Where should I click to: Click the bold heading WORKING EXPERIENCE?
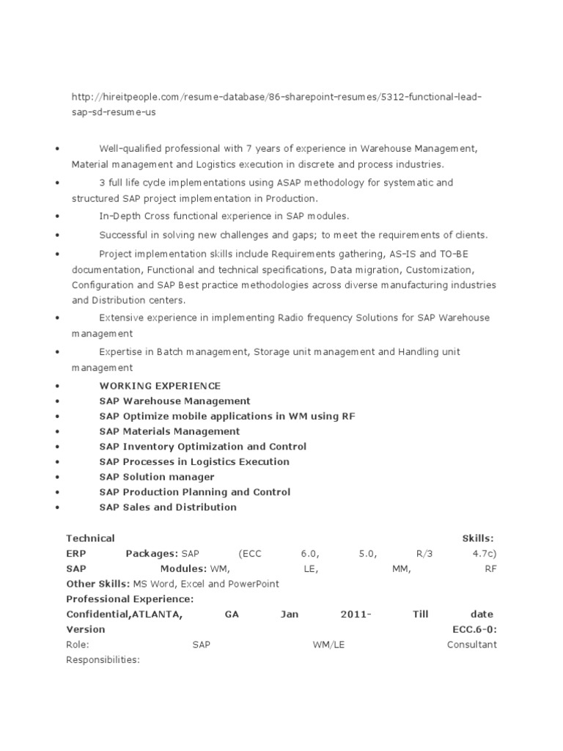(160, 386)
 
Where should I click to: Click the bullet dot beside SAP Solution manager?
(56, 477)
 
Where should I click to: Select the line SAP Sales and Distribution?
(168, 508)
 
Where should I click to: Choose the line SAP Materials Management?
(169, 431)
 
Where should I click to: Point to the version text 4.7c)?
(484, 553)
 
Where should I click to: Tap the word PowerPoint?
(254, 584)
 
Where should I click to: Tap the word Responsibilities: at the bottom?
(103, 660)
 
